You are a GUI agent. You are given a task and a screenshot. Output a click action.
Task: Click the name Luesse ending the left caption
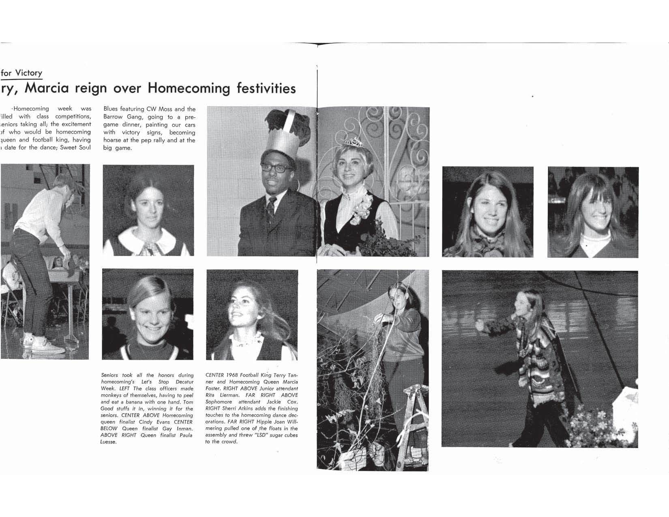pyautogui.click(x=108, y=442)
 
